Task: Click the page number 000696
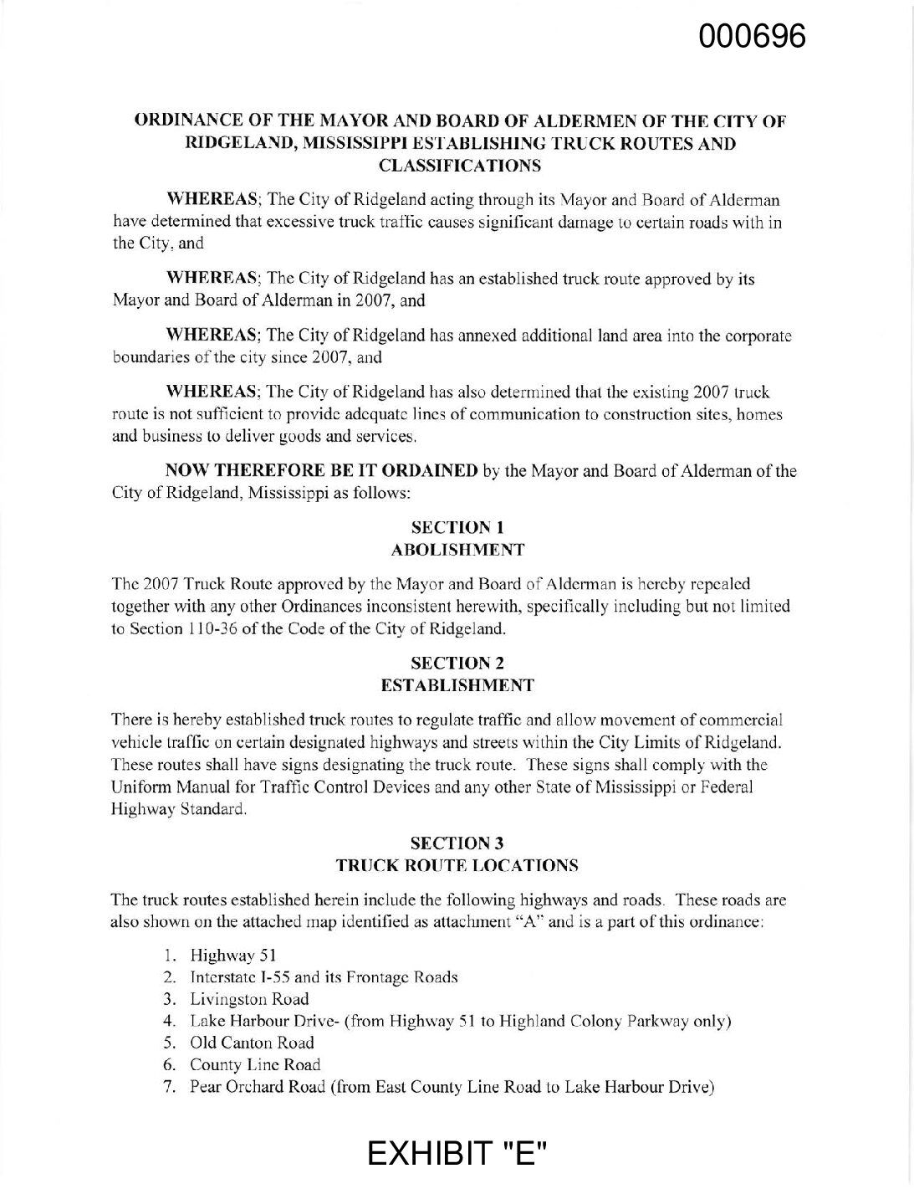pyautogui.click(x=754, y=36)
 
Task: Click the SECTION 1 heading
pyautogui.click(x=457, y=528)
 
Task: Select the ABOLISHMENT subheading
pyautogui.click(x=457, y=550)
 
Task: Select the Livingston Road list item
pyautogui.click(x=249, y=999)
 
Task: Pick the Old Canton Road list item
pyautogui.click(x=252, y=1043)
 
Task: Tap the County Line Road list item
pyautogui.click(x=255, y=1064)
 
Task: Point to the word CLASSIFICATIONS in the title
pyautogui.click(x=457, y=165)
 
